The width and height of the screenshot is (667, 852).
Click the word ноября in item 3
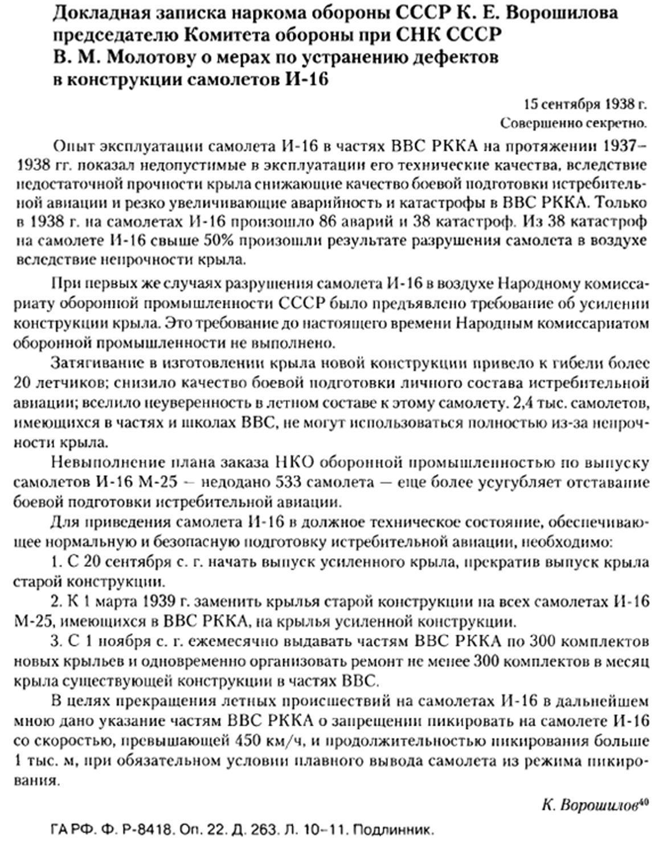click(116, 641)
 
